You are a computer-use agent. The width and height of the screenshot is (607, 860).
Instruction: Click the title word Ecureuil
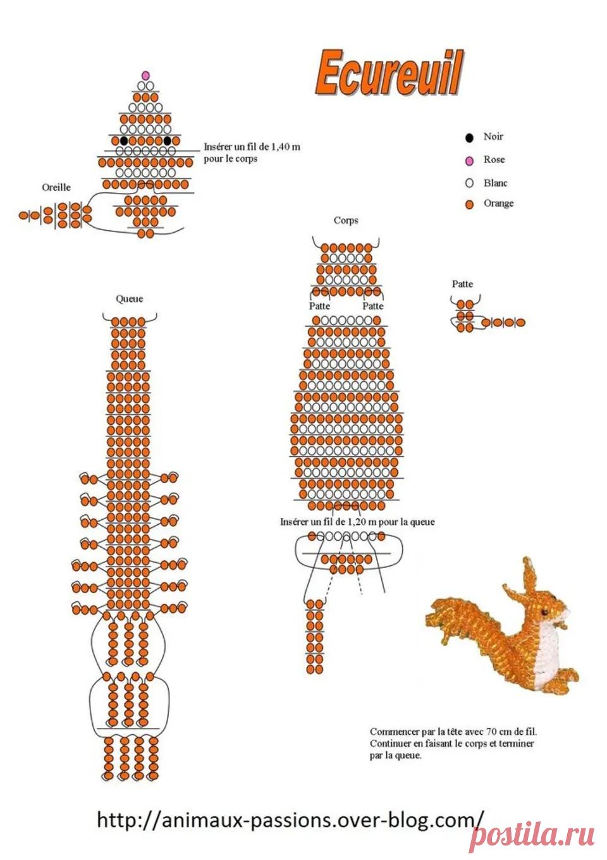(x=388, y=73)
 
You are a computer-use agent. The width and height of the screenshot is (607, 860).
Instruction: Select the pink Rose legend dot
(x=469, y=161)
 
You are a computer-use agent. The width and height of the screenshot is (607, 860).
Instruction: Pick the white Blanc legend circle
(x=469, y=183)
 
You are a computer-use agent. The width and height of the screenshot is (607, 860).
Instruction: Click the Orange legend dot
(x=469, y=205)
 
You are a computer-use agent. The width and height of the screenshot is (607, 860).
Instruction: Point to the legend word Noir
(x=493, y=137)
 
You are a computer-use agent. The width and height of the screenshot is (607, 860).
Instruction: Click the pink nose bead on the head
(x=145, y=75)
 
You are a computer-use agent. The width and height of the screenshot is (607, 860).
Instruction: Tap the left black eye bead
(x=124, y=141)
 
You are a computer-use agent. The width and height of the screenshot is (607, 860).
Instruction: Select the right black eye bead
(x=167, y=141)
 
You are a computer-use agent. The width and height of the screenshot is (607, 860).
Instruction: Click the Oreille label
(x=56, y=187)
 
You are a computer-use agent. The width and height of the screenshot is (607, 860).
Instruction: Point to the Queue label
(x=130, y=299)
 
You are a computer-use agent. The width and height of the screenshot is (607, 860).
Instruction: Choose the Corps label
(x=346, y=221)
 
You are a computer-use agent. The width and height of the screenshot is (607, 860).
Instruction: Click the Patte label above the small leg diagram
(x=462, y=284)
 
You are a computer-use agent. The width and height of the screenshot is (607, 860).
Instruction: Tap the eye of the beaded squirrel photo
(x=544, y=610)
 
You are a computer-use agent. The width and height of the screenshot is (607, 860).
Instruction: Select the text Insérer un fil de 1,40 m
(x=252, y=147)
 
